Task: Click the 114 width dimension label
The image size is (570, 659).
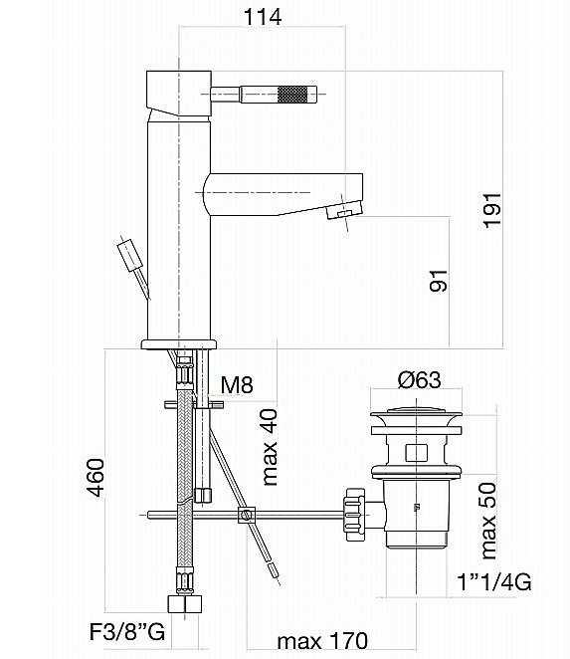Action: pos(262,16)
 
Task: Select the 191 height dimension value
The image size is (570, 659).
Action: pos(494,209)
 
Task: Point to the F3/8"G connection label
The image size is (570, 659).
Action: pos(120,631)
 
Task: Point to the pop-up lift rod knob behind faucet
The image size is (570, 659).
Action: pos(129,253)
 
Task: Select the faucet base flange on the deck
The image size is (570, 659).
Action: pos(180,343)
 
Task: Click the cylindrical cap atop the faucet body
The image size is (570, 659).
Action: pos(177,92)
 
